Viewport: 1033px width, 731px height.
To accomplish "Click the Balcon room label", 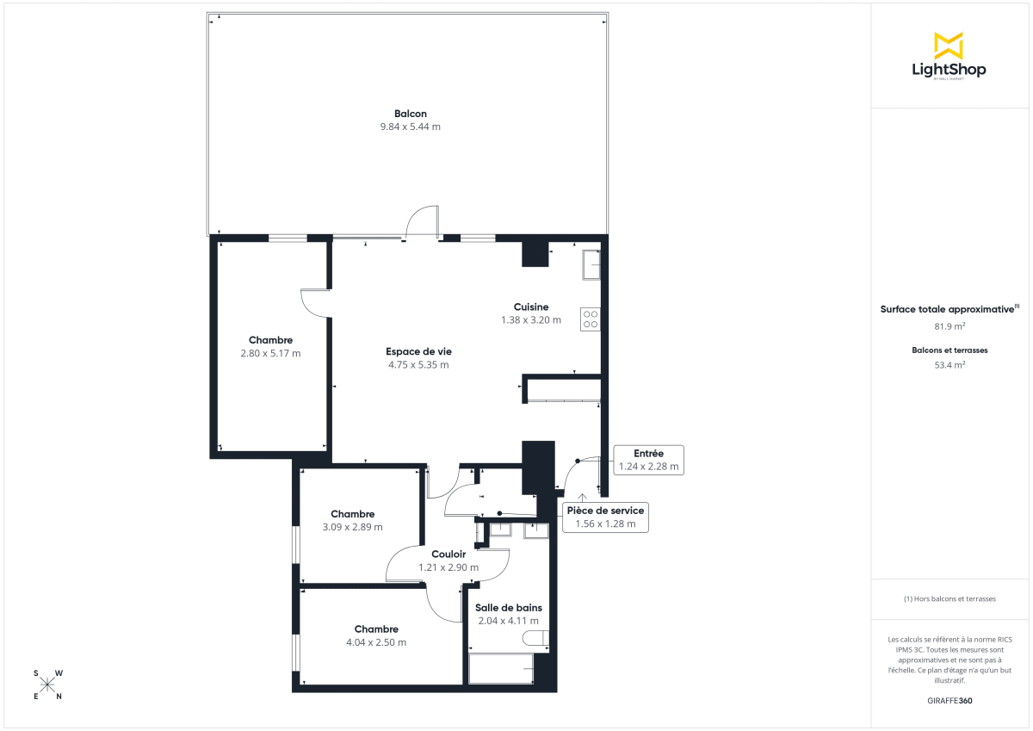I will [411, 114].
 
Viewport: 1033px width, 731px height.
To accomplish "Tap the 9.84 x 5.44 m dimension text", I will [411, 127].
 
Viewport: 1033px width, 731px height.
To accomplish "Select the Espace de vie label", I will [418, 351].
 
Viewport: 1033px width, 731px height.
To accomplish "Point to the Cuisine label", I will [531, 307].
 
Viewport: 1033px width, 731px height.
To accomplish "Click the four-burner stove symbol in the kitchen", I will [591, 319].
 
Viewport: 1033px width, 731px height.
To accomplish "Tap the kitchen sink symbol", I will [591, 264].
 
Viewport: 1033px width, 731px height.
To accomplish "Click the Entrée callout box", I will [648, 460].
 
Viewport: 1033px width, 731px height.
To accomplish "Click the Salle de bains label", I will [508, 607].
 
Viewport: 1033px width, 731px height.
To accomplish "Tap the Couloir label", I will [448, 554].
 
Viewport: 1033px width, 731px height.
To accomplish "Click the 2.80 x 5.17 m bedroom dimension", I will [271, 353].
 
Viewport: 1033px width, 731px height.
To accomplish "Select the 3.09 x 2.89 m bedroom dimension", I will [353, 527].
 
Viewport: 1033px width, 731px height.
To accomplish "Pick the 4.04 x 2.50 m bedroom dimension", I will [376, 642].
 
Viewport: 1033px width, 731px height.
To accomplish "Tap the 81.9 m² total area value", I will [949, 326].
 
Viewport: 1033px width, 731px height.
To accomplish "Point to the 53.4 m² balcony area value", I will [949, 364].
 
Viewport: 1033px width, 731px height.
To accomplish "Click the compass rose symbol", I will [47, 685].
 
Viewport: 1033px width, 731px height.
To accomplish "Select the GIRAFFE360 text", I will [949, 701].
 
